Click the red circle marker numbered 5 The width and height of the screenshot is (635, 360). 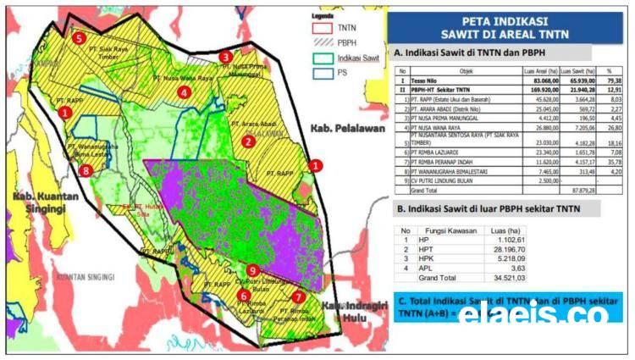(79, 38)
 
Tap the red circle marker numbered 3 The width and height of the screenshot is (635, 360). (225, 57)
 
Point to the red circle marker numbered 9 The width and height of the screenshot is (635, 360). (252, 270)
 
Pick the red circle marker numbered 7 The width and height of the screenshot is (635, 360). (297, 296)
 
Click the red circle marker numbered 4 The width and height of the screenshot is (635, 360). (184, 91)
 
